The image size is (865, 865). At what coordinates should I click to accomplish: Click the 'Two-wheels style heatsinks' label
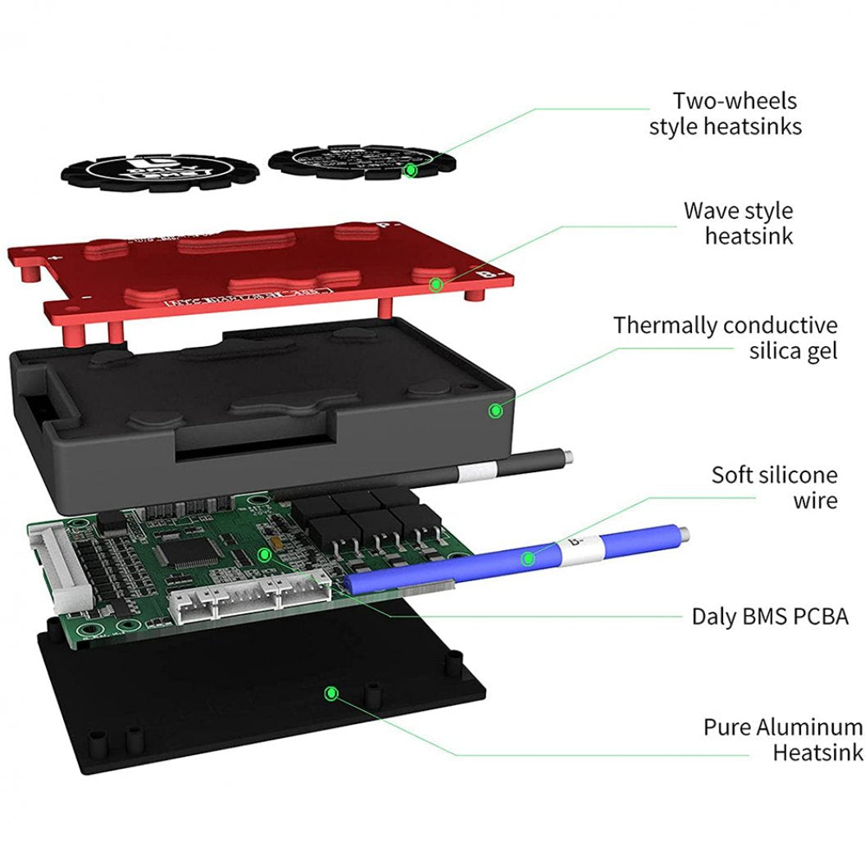(725, 114)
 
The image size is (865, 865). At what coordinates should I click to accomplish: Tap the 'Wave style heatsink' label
(738, 223)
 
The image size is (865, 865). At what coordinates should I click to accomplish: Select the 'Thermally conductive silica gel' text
(725, 338)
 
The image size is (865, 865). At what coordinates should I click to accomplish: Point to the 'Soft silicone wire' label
(774, 487)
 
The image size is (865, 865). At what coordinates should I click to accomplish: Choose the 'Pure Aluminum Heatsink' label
(782, 739)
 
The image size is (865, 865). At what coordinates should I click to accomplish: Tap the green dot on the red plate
(437, 284)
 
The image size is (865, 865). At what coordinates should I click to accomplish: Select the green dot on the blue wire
(529, 559)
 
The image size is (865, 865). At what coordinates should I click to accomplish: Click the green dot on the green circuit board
(265, 555)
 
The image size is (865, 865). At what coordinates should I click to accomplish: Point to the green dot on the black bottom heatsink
(331, 694)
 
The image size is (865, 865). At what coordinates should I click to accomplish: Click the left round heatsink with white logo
(160, 172)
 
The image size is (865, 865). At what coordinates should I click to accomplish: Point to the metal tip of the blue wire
(682, 535)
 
